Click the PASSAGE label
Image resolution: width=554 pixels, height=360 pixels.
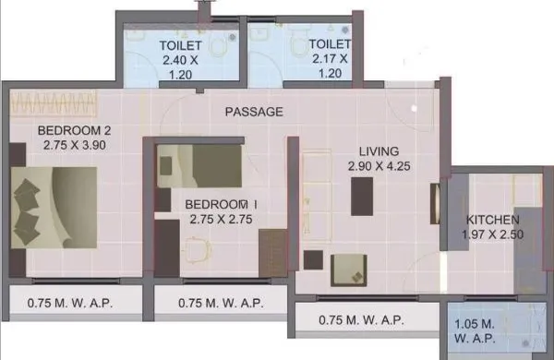254,112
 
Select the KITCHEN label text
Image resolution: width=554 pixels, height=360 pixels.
492,220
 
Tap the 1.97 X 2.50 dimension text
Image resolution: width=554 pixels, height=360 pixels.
492,235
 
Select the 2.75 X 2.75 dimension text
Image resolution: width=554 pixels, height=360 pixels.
221,219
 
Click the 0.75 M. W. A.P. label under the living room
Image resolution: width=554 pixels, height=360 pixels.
360,320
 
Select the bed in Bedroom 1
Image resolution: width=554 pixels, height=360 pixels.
208,167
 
